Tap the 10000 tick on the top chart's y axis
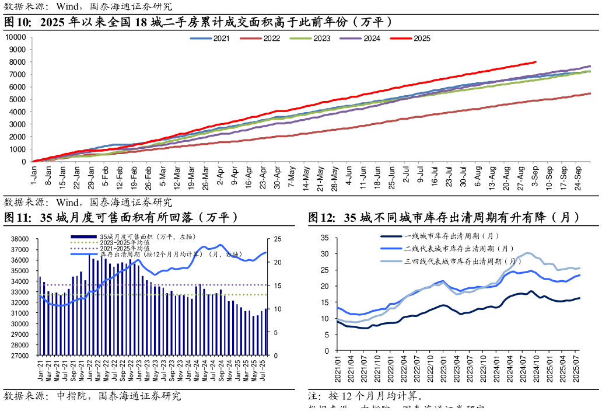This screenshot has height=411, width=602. click(x=16, y=37)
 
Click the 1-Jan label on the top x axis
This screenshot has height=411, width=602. click(x=34, y=175)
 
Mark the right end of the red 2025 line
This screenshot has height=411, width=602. click(x=535, y=62)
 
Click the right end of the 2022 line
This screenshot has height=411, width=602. click(x=590, y=93)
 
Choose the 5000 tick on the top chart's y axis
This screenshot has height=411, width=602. click(x=18, y=99)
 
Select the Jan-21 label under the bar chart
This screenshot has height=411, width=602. click(x=40, y=371)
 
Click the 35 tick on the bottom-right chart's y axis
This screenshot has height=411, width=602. click(x=325, y=238)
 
